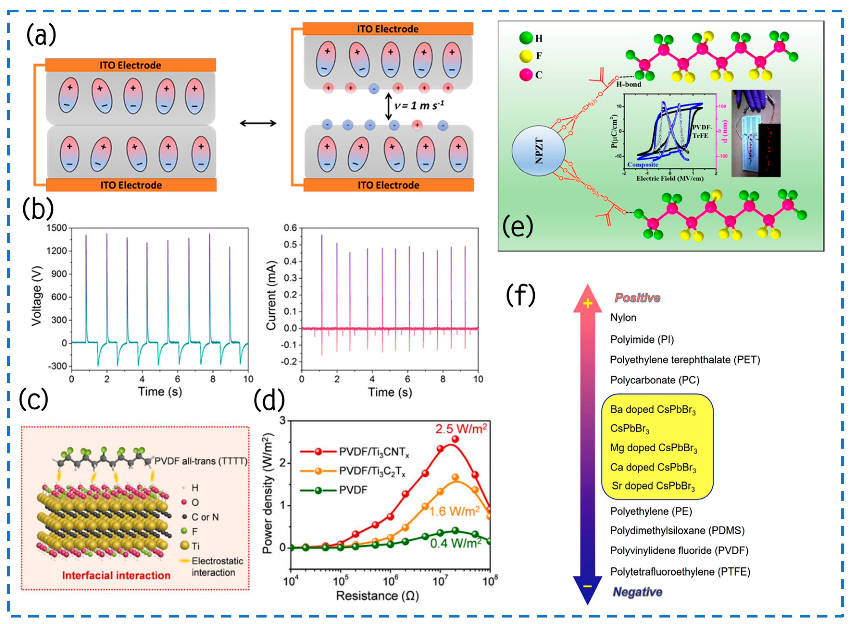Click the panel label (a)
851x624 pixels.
(41, 35)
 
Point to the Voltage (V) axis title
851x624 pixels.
(37, 296)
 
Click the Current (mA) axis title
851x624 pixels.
(271, 296)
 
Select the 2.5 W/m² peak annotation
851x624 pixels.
(461, 429)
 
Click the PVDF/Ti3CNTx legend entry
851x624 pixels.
(374, 452)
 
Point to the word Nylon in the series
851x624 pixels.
(623, 318)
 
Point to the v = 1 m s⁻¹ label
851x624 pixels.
(419, 105)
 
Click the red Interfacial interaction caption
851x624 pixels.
(116, 575)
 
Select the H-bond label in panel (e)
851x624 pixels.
(628, 84)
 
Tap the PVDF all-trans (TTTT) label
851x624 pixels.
(201, 461)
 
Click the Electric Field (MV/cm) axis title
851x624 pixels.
(670, 178)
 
